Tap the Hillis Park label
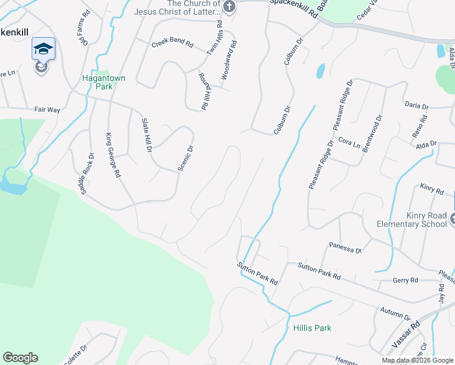click(x=312, y=328)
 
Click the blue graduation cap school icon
click(x=43, y=49)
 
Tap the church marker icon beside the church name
click(x=229, y=7)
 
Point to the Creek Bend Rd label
click(x=172, y=44)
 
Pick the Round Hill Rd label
click(x=204, y=91)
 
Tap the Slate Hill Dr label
click(x=146, y=134)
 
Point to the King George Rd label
click(x=113, y=155)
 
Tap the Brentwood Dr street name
click(x=372, y=133)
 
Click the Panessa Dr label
click(x=346, y=247)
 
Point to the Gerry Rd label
click(x=406, y=280)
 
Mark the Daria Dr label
click(x=417, y=105)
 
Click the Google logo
click(x=20, y=358)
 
